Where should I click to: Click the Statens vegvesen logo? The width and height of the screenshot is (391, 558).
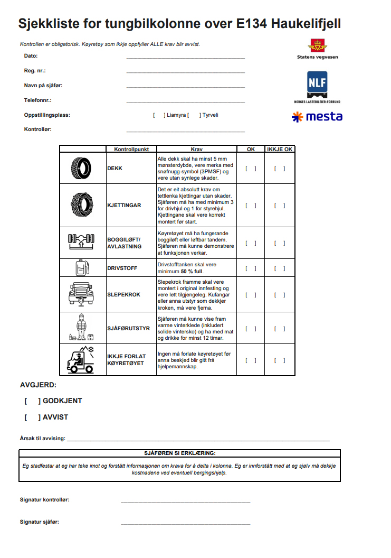(317, 48)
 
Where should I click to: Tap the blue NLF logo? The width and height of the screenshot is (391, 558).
(317, 84)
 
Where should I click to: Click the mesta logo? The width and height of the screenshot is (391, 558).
(317, 117)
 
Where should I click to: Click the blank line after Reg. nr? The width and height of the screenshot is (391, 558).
(185, 71)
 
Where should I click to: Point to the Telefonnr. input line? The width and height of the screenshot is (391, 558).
(185, 100)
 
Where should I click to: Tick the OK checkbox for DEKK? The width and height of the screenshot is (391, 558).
(251, 169)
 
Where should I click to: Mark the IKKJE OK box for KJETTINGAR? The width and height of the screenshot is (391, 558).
(280, 206)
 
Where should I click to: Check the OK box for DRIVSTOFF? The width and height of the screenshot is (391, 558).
(251, 268)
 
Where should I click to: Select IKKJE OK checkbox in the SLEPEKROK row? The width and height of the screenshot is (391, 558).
(280, 295)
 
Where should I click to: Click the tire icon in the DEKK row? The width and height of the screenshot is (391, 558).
(82, 169)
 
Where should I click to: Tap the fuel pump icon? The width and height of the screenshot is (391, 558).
(82, 267)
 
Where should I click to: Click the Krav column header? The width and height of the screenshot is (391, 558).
(196, 150)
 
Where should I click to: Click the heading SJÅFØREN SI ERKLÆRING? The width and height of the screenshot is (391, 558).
(179, 453)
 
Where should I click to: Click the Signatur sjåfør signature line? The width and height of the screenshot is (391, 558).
(185, 523)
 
